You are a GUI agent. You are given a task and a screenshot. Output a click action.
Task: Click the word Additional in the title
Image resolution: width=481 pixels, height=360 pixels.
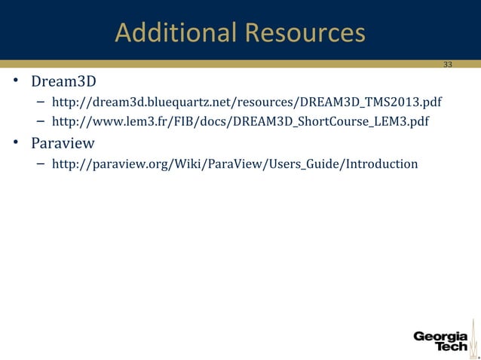pos(173,32)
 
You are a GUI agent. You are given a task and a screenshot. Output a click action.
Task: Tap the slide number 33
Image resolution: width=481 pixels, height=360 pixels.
pos(447,65)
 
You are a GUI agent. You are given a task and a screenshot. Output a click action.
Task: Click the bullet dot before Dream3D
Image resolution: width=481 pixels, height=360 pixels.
pos(14,81)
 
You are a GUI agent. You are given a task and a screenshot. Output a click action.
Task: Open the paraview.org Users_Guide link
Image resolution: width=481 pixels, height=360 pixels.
pos(234,163)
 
